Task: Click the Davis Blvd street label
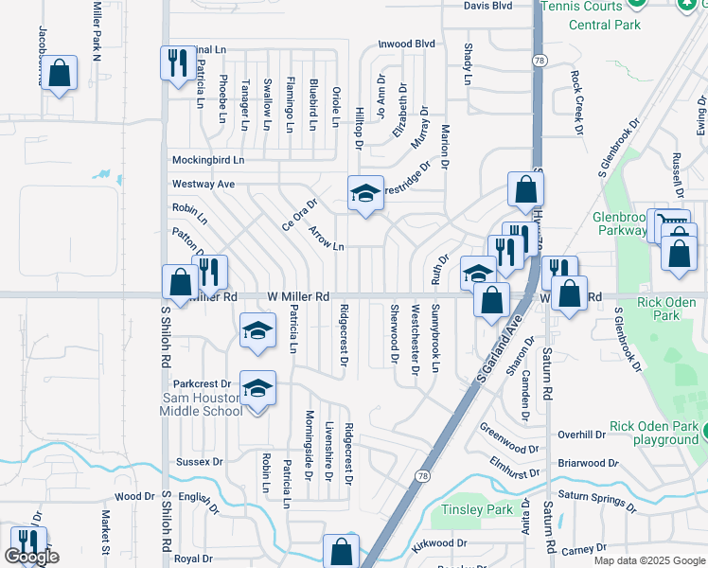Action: coord(487,6)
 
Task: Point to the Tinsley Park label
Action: coord(477,510)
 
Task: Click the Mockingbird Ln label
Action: coord(207,160)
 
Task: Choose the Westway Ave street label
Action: coord(203,184)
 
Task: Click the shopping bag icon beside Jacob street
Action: coord(60,74)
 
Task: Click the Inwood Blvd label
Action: coord(406,44)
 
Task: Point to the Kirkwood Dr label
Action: coord(440,543)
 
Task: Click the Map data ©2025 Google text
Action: coord(648,560)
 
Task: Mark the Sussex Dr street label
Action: coord(199,462)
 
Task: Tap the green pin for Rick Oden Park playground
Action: coord(702,433)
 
